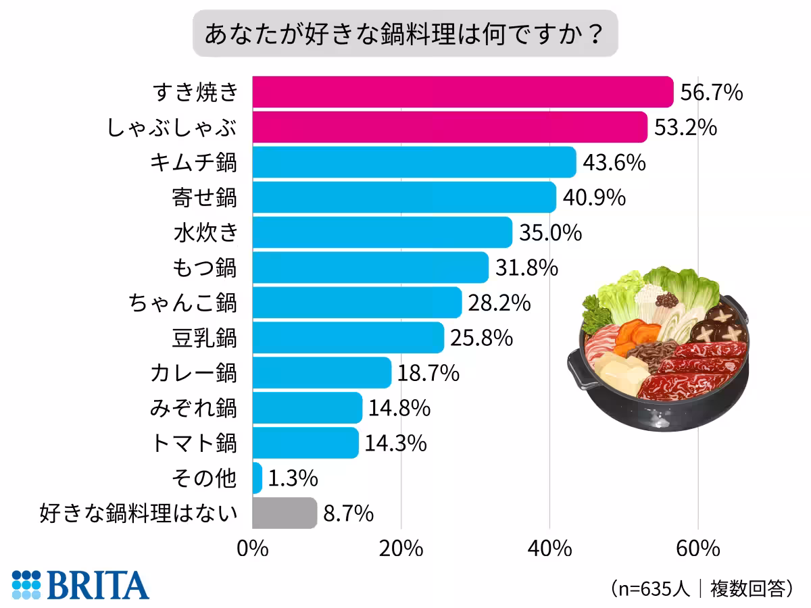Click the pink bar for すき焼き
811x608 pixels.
pyautogui.click(x=463, y=93)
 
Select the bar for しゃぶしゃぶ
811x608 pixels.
pyautogui.click(x=449, y=128)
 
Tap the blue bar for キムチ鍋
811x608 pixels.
pyautogui.click(x=414, y=163)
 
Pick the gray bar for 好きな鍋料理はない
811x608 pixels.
pyautogui.click(x=285, y=513)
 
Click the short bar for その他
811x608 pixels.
pyautogui.click(x=257, y=478)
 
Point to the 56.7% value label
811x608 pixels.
pyautogui.click(x=711, y=93)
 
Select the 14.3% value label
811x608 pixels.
pyautogui.click(x=395, y=443)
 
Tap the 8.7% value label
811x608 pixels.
pyautogui.click(x=348, y=513)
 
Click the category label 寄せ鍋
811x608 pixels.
pyautogui.click(x=205, y=198)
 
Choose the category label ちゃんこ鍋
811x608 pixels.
pyautogui.click(x=182, y=303)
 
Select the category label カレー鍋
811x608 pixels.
pyautogui.click(x=194, y=373)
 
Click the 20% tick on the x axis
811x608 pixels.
pyautogui.click(x=401, y=549)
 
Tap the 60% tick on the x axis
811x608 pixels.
pyautogui.click(x=697, y=549)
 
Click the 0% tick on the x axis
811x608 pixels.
pyautogui.click(x=253, y=549)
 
